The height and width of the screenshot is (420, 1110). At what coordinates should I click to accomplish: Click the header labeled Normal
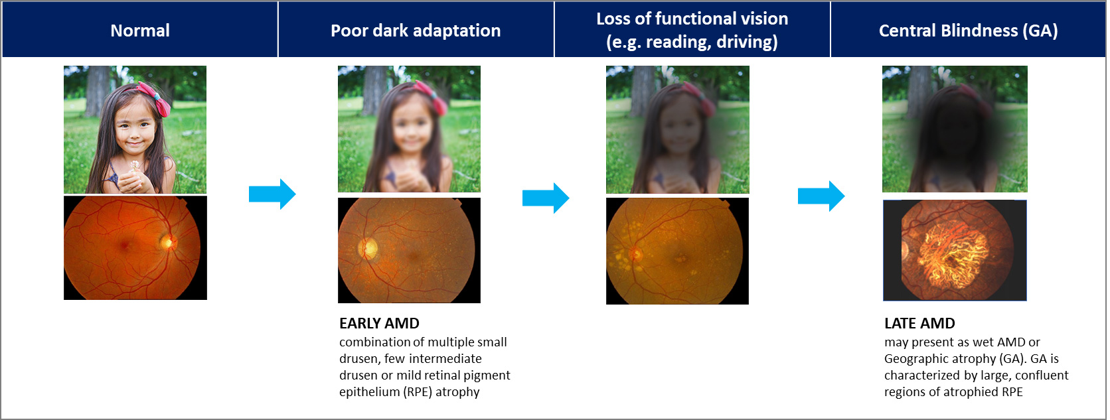point(139,31)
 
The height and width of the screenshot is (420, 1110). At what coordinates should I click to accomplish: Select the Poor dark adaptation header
point(416,31)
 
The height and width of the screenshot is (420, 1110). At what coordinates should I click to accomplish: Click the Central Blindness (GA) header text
point(968,31)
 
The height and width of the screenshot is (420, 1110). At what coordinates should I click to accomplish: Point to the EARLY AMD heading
point(379,323)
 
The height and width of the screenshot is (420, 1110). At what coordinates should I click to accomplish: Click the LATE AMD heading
point(919,323)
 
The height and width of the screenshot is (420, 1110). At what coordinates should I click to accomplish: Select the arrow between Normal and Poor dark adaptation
point(272,194)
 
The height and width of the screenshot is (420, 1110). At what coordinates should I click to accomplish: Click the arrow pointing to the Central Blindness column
point(821,196)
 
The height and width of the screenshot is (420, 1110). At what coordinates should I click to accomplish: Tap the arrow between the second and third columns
point(546,198)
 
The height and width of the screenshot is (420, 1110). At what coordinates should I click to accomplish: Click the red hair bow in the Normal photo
point(155,98)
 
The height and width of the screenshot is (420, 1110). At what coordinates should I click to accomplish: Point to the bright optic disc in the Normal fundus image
point(167,242)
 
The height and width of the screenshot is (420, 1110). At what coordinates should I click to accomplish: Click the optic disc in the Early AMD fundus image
point(368,248)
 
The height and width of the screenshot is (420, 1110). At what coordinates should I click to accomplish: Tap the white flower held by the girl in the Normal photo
point(135,165)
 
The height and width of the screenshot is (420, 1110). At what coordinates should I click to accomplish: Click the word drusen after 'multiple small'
point(355,358)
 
